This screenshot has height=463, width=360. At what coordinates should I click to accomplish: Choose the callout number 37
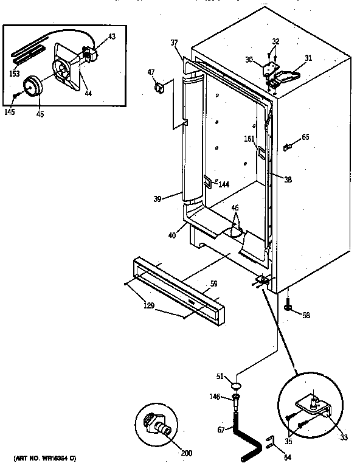(x=175, y=43)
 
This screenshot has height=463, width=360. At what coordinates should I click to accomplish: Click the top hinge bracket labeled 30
(x=268, y=69)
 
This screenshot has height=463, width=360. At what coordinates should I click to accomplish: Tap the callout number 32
(x=275, y=41)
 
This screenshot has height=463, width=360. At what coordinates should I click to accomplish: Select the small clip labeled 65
(x=289, y=146)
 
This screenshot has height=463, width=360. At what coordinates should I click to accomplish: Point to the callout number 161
(x=249, y=139)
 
